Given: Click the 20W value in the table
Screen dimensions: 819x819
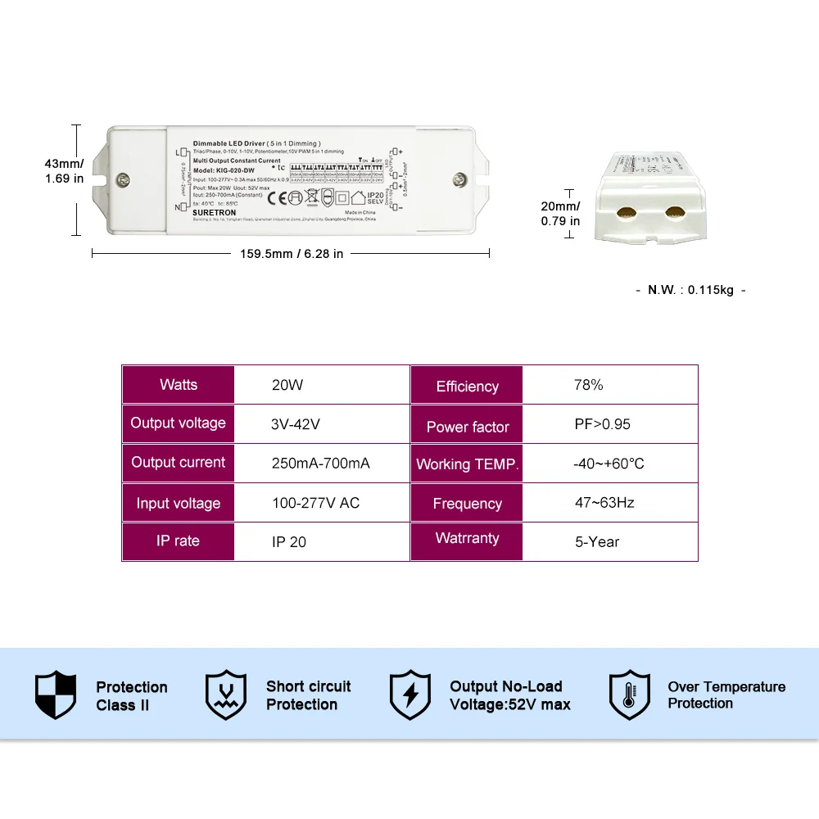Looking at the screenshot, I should (287, 385).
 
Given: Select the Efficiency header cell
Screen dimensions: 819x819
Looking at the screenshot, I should (467, 386).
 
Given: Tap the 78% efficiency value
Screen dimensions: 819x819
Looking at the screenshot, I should (589, 385).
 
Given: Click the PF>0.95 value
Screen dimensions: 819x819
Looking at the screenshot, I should (603, 424).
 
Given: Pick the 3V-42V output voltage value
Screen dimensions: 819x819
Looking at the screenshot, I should (296, 424).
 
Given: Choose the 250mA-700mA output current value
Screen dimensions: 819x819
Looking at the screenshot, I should (321, 464).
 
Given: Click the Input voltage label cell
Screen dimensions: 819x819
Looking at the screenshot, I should (179, 503).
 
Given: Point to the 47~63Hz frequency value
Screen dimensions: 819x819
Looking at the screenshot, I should (604, 503).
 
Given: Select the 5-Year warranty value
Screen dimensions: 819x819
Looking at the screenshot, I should (598, 542).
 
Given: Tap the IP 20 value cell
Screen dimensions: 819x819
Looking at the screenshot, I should (289, 542).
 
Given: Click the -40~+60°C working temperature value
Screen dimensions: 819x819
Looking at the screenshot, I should (609, 464).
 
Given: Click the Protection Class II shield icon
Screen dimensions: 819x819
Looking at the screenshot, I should (56, 695).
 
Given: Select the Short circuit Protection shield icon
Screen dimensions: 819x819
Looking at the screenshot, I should (226, 695).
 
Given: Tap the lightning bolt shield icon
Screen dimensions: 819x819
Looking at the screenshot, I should (410, 695).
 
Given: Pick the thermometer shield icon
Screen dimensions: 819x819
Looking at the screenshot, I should (629, 695).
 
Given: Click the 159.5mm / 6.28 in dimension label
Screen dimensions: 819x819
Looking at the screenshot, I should (292, 254).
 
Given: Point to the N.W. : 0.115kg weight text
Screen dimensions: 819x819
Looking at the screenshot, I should (690, 290).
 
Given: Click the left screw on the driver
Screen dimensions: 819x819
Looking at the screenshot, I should (123, 179).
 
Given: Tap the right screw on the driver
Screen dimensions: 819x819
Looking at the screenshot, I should (460, 179).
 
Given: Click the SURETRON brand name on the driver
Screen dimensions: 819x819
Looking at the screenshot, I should (215, 213).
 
